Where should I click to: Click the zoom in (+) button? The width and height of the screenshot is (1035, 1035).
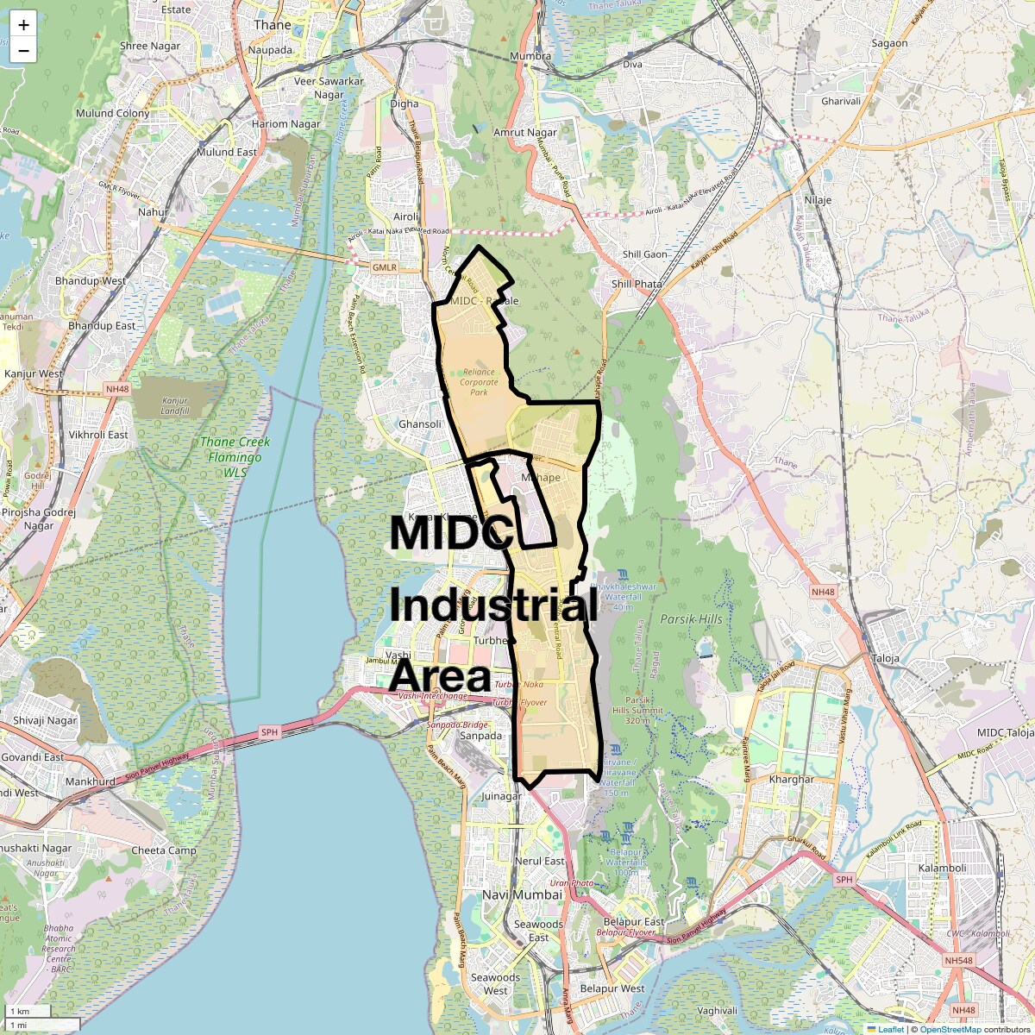tap(23, 25)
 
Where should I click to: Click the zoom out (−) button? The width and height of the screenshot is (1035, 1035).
tap(23, 51)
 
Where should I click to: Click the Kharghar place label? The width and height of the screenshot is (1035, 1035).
tap(791, 779)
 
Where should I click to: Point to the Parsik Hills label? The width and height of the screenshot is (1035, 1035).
tap(691, 619)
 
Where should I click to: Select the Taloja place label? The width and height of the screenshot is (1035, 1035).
tap(885, 658)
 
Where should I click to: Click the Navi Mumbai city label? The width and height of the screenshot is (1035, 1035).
tap(522, 895)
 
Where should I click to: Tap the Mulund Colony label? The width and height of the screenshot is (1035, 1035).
tap(112, 113)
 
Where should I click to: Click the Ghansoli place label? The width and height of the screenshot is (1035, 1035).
tap(419, 424)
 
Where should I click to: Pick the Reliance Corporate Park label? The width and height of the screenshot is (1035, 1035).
tap(479, 382)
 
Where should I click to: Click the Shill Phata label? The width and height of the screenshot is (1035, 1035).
tap(637, 284)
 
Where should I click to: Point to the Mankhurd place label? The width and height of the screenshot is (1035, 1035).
tap(90, 781)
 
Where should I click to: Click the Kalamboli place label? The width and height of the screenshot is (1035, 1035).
tap(942, 868)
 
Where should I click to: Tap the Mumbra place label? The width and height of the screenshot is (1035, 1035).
tap(530, 56)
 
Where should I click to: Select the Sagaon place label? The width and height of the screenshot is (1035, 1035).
tap(889, 43)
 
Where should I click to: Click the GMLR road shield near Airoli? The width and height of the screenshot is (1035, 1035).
tap(384, 267)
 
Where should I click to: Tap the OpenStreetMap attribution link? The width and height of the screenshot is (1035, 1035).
tap(950, 1029)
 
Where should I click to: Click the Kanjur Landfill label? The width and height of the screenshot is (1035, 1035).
tap(174, 405)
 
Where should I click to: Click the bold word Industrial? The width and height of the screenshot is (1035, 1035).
tap(492, 605)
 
